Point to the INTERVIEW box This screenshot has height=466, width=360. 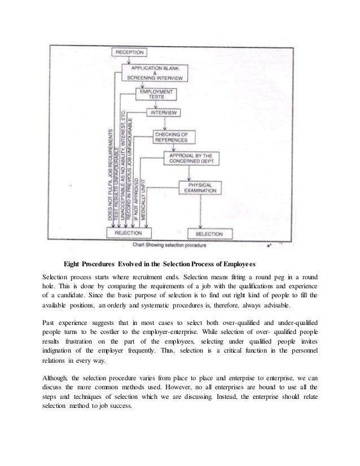point(164,113)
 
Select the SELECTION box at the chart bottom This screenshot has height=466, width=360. point(209,234)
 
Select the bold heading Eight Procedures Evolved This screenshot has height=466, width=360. point(160,264)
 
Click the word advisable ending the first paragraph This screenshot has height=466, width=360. point(275,306)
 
